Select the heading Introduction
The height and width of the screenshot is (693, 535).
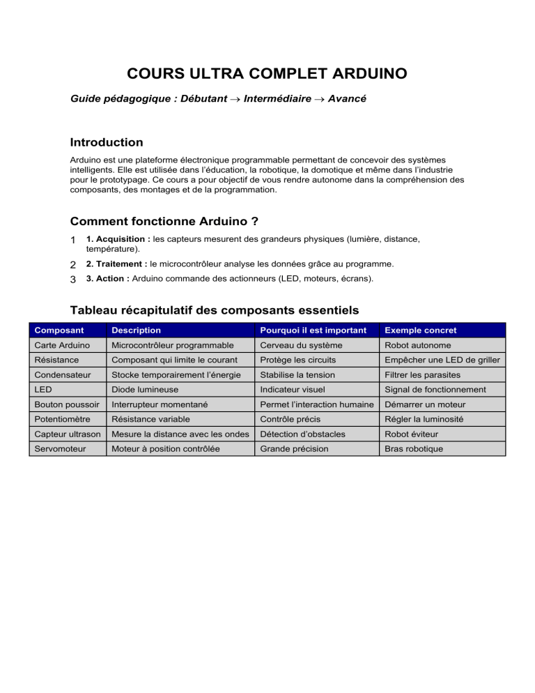tap(107, 142)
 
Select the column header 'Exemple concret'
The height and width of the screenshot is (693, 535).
tap(420, 330)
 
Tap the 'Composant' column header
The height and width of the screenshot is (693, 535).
tap(59, 330)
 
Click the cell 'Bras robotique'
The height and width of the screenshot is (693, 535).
tap(414, 448)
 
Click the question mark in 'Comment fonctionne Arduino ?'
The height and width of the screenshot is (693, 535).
tap(255, 222)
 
